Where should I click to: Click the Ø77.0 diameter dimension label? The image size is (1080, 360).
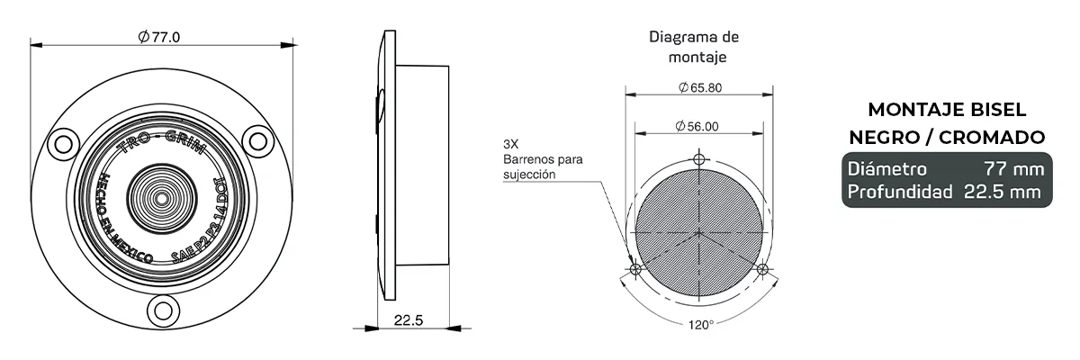[x=160, y=37]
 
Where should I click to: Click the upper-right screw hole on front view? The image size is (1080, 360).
[x=258, y=140]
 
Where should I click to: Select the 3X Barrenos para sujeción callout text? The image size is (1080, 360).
[x=542, y=159]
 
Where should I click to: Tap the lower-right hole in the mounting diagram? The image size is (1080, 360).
[x=763, y=269]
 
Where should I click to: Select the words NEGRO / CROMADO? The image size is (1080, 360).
[x=945, y=137]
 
